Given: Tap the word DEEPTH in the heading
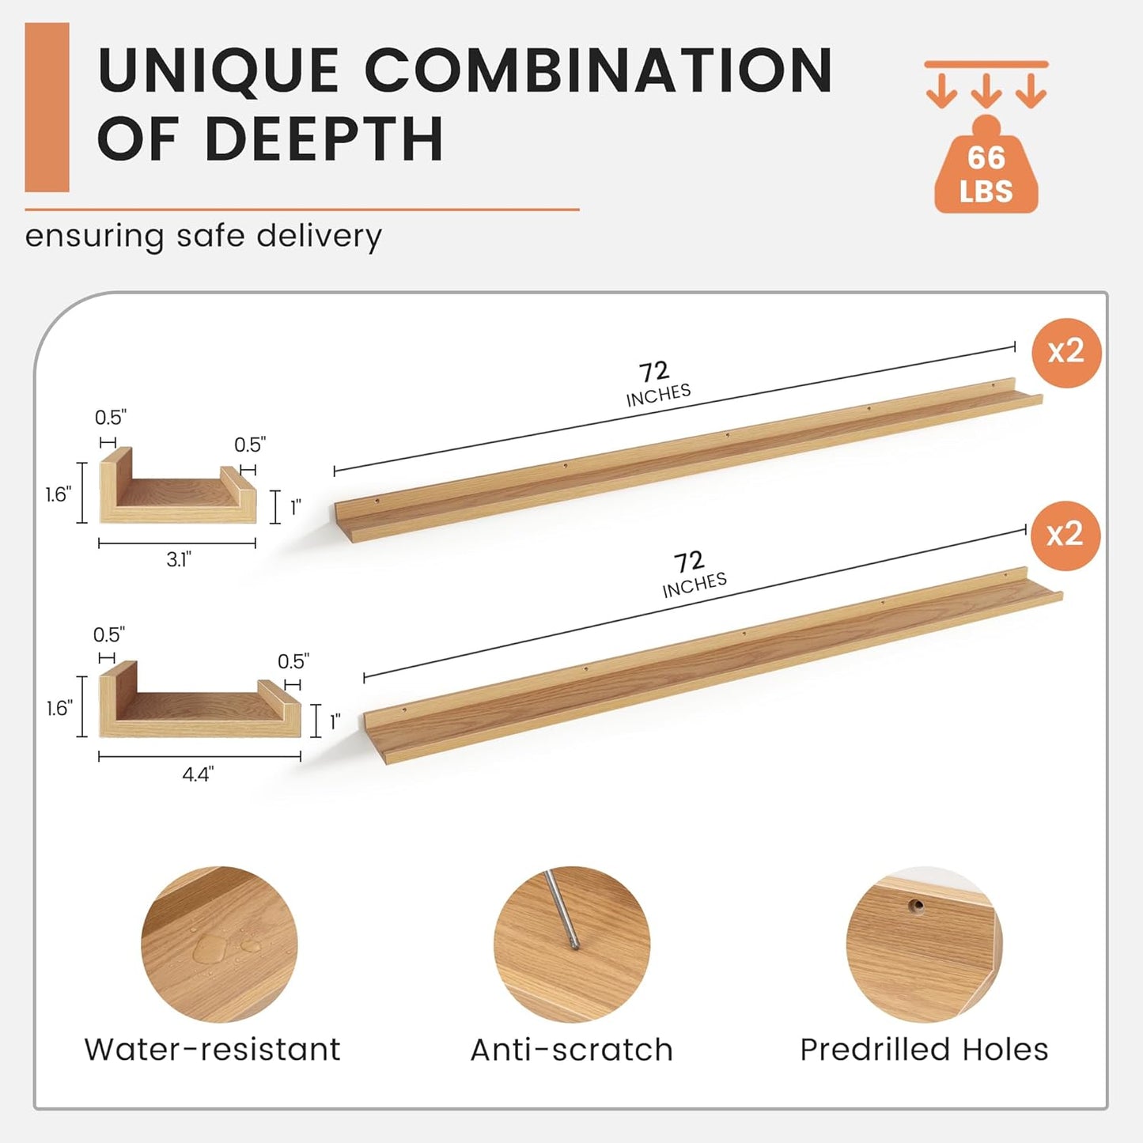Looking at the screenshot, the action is pyautogui.click(x=324, y=138).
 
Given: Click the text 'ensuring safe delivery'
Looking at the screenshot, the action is pyautogui.click(x=203, y=237).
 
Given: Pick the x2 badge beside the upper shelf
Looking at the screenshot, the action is pyautogui.click(x=1066, y=352).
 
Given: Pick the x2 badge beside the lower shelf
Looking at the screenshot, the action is pyautogui.click(x=1065, y=535).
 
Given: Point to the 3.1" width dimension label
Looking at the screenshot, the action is pyautogui.click(x=179, y=559).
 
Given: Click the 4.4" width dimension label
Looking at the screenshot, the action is pyautogui.click(x=198, y=774).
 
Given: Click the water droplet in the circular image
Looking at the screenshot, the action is pyautogui.click(x=210, y=948).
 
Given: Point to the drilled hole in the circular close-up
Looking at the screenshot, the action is pyautogui.click(x=917, y=906).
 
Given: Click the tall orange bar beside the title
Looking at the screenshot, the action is pyautogui.click(x=47, y=108).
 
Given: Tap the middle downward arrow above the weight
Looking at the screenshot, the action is pyautogui.click(x=986, y=91).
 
